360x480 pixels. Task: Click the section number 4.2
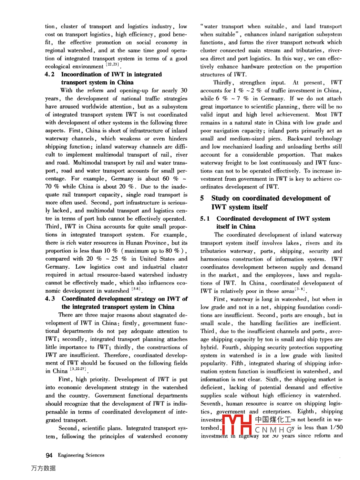[x=50, y=74]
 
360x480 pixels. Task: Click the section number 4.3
[x=50, y=299]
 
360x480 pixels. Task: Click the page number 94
[x=49, y=455]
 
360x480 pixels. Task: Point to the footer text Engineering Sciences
[x=81, y=455]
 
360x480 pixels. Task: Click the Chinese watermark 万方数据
[x=43, y=468]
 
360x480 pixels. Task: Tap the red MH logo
[x=237, y=424]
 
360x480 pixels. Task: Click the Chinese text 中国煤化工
[x=273, y=420]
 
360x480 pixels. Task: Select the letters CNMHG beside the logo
[x=274, y=430]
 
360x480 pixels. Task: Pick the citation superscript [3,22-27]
[x=78, y=369]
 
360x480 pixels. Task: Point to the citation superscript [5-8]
[x=136, y=289]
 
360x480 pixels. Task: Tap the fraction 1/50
[x=336, y=428]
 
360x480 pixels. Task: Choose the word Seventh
[x=210, y=403]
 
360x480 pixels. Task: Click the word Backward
[x=299, y=139]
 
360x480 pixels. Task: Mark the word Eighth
[x=306, y=411]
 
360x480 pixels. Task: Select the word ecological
[x=57, y=67]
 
